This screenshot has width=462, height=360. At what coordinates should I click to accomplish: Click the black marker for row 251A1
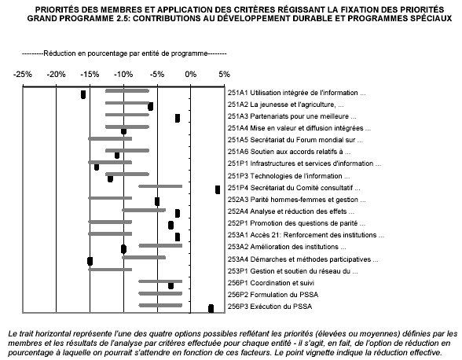pyautogui.click(x=83, y=95)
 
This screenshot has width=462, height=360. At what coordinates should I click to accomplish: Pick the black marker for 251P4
pyautogui.click(x=218, y=189)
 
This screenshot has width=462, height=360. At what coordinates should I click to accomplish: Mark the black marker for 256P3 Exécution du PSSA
pyautogui.click(x=211, y=308)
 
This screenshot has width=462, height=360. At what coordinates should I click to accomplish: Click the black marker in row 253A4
pyautogui.click(x=90, y=261)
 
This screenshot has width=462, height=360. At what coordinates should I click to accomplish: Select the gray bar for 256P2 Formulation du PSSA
pyautogui.click(x=160, y=293)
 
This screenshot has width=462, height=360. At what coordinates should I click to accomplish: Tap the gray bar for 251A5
pyautogui.click(x=110, y=138)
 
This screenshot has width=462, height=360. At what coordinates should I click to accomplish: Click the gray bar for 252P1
pyautogui.click(x=110, y=222)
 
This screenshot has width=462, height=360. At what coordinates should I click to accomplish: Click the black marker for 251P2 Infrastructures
pyautogui.click(x=97, y=167)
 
